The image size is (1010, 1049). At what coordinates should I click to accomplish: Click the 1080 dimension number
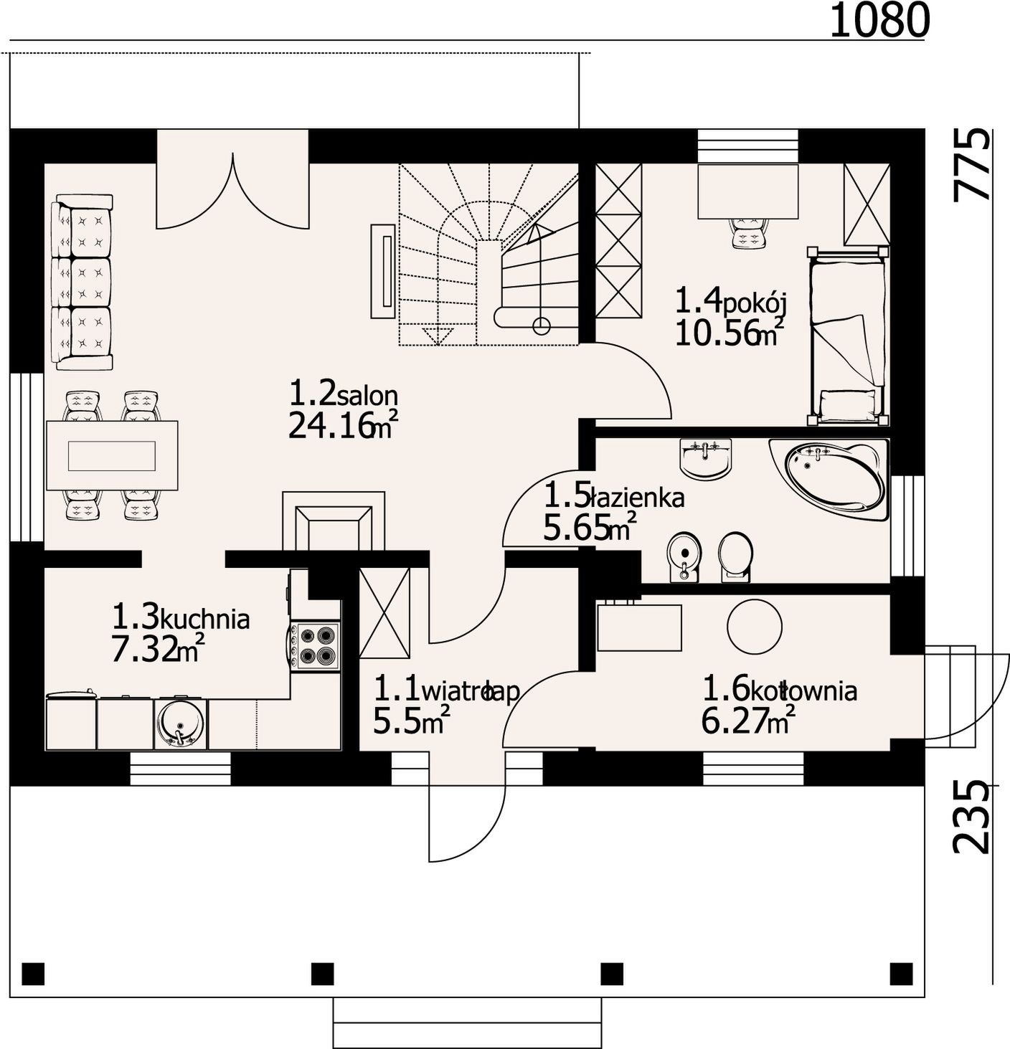pos(879,21)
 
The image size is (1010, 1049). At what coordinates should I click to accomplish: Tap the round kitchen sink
pos(180,724)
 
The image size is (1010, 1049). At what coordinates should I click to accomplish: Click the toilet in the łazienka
pos(735,557)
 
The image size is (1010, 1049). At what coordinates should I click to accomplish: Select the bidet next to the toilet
pos(684,557)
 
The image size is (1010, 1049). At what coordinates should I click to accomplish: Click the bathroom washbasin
pos(706,459)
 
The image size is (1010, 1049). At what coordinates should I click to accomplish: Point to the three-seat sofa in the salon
pos(85,283)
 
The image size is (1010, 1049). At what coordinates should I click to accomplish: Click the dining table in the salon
pos(112,455)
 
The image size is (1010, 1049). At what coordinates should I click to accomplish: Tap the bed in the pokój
pos(848,337)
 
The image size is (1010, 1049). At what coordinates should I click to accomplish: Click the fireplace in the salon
pos(334,521)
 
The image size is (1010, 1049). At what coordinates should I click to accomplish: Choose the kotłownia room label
pos(803,690)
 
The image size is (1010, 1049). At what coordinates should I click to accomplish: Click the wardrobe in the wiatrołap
pos(384,612)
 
